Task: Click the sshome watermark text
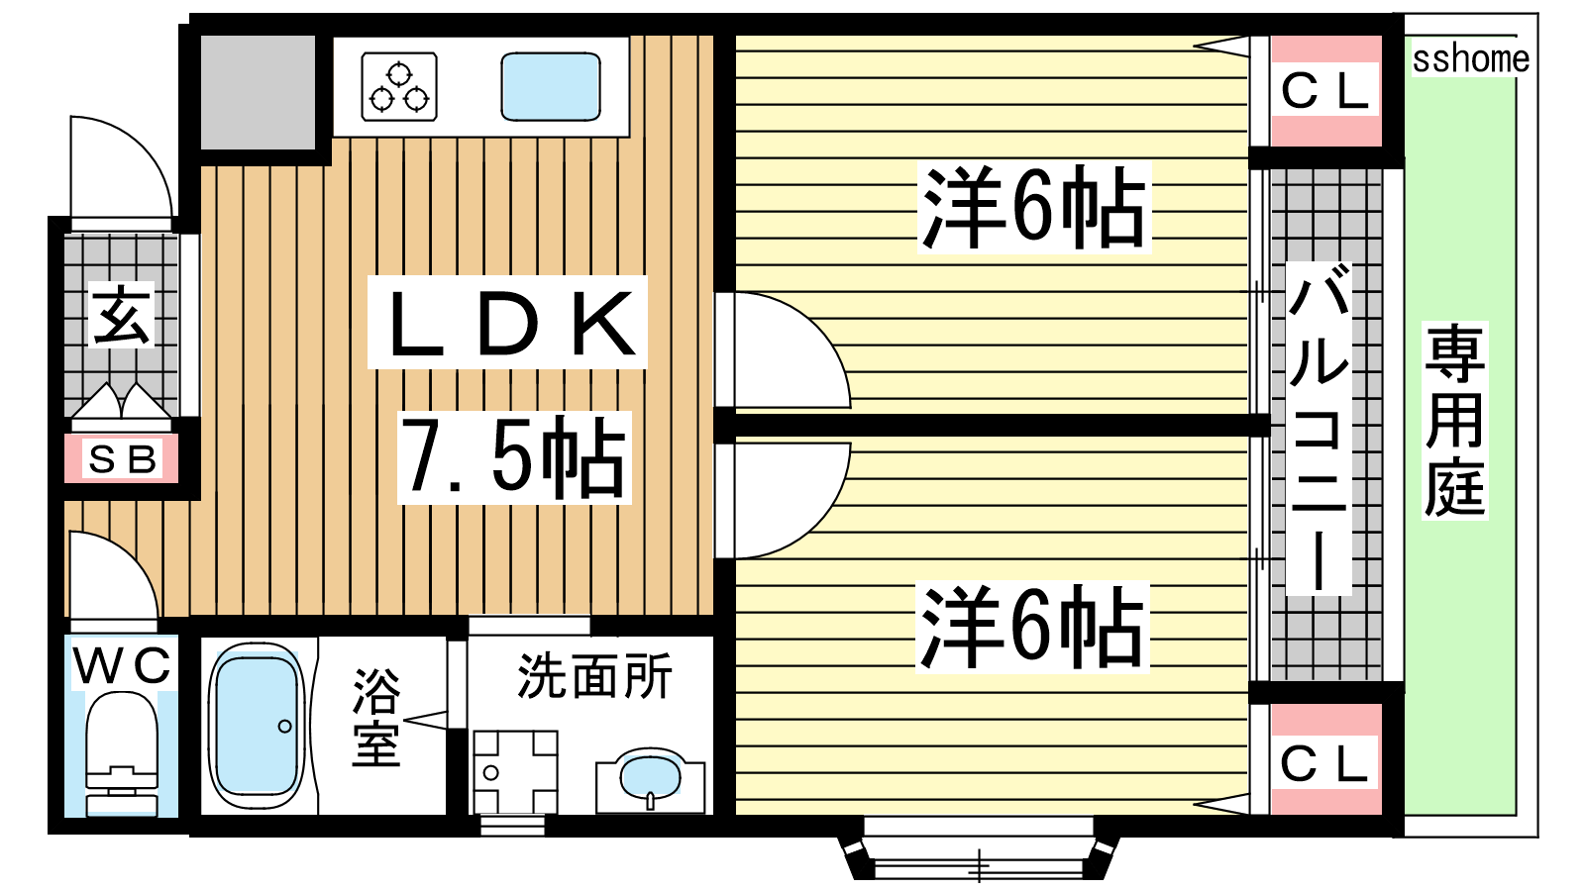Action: [x=1470, y=58]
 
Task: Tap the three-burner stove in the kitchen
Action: [x=399, y=87]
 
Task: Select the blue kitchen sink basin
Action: [x=551, y=86]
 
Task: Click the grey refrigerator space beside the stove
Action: [x=259, y=92]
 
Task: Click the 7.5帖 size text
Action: [x=514, y=457]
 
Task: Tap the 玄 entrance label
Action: [x=121, y=315]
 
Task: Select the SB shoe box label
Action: [x=123, y=459]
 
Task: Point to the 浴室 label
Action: [x=376, y=717]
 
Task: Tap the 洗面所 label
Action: [x=594, y=677]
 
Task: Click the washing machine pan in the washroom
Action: [x=515, y=772]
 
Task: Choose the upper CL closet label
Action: [x=1324, y=90]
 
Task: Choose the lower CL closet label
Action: [x=1324, y=763]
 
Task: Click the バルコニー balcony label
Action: [x=1319, y=428]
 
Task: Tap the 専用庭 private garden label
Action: [x=1455, y=420]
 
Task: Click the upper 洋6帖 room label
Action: [x=1034, y=207]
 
